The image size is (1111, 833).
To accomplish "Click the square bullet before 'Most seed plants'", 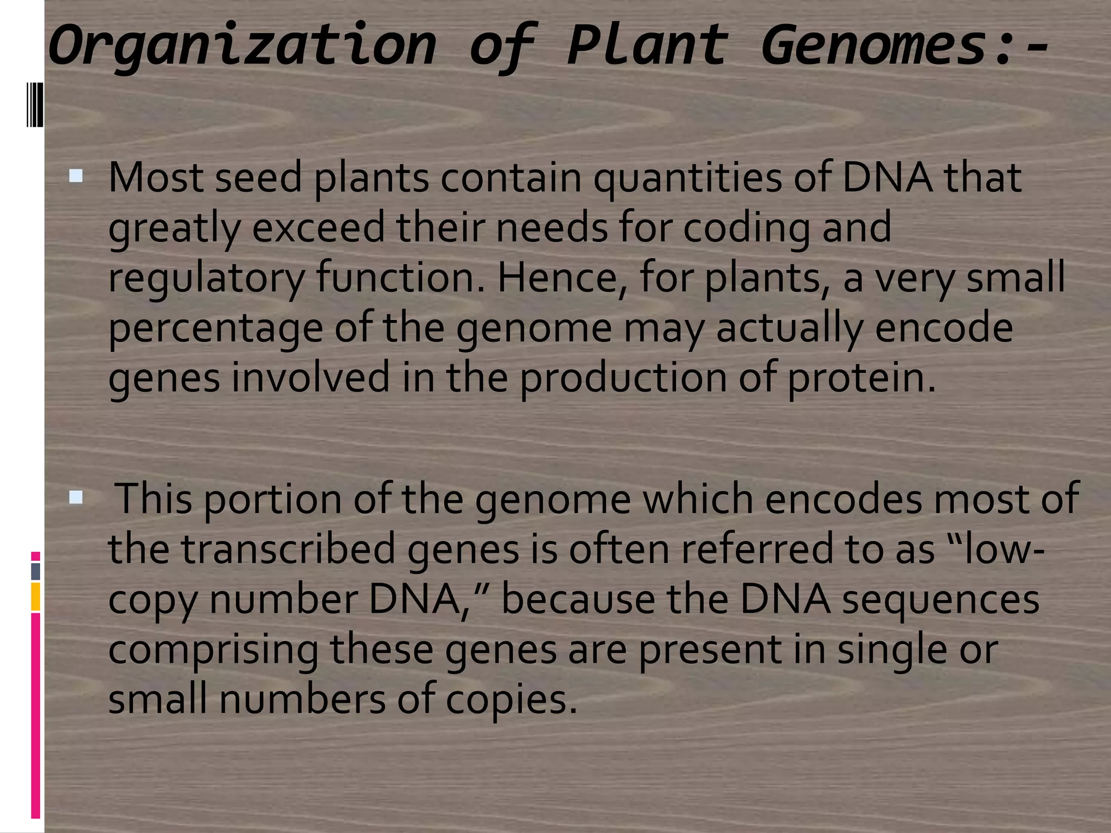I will click(x=76, y=176).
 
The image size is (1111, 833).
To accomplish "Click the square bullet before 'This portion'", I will click(x=76, y=497).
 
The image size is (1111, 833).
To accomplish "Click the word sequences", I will click(x=941, y=600).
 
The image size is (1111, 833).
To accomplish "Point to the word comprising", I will click(x=213, y=650).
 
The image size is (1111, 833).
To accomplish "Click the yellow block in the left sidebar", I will click(x=35, y=597).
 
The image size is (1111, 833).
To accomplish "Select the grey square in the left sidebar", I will click(x=35, y=571).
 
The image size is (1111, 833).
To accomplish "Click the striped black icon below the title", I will click(x=35, y=104).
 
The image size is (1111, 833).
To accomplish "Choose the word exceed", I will click(x=318, y=228).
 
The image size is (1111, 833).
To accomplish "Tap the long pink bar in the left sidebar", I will click(x=35, y=716).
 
